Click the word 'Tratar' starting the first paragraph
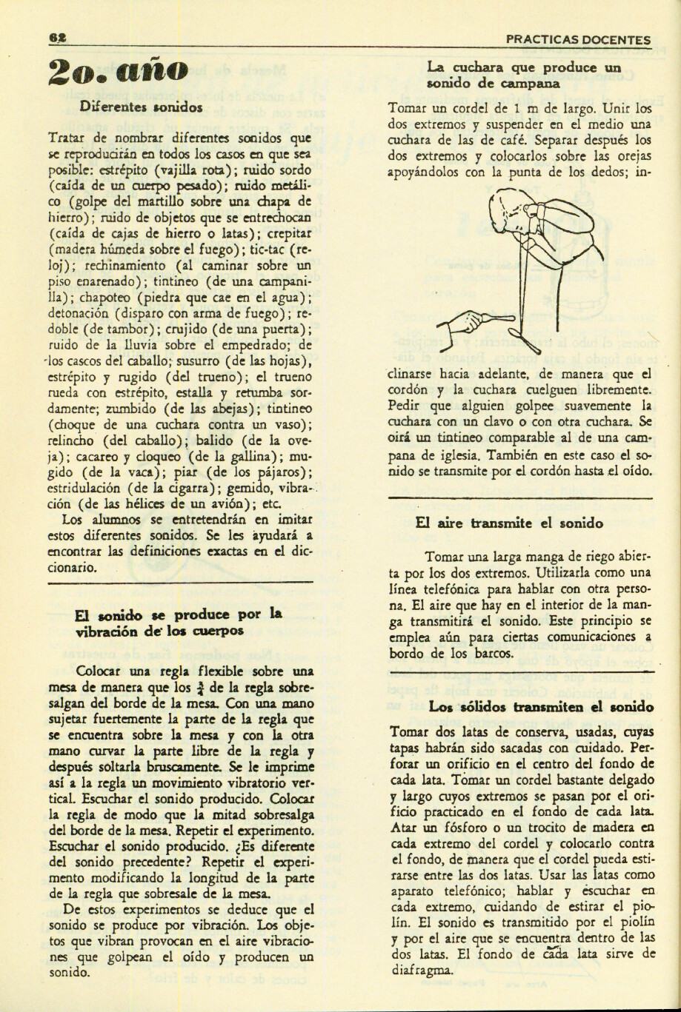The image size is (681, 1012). [x=66, y=138]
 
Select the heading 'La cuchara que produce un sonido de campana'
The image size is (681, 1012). [x=523, y=76]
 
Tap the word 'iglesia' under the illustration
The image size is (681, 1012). [x=450, y=455]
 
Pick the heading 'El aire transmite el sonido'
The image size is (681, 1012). [x=509, y=523]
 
